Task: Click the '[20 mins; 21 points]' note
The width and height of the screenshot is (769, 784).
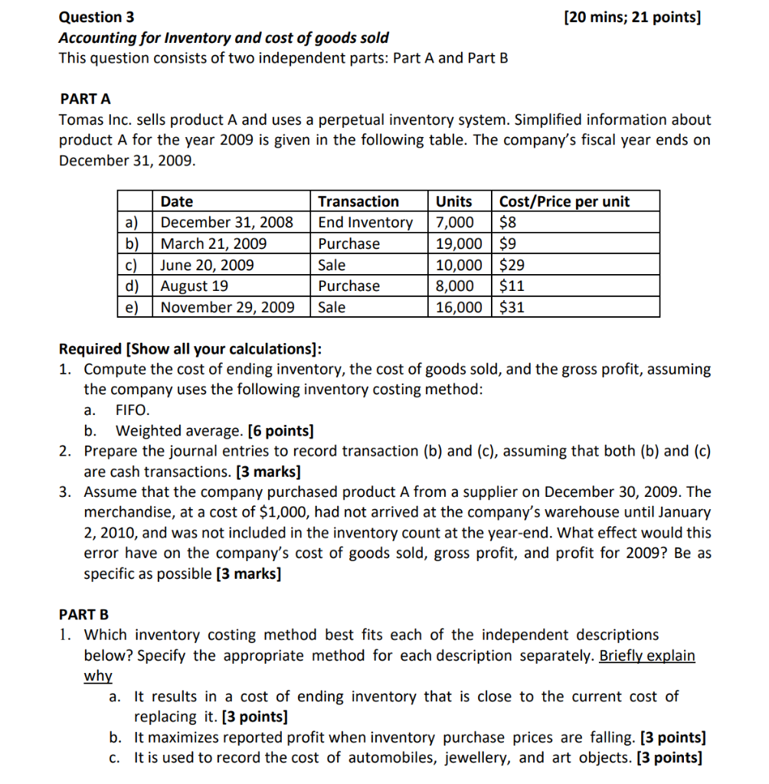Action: click(631, 16)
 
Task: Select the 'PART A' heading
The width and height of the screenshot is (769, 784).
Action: click(85, 99)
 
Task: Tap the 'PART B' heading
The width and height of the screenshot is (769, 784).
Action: click(84, 614)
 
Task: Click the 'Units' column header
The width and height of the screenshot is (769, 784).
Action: click(453, 201)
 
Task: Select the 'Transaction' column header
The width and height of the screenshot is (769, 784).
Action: click(358, 201)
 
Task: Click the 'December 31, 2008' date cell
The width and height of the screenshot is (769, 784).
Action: click(227, 223)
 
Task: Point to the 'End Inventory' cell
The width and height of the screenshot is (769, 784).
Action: click(365, 223)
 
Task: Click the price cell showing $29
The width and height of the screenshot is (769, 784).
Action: click(512, 266)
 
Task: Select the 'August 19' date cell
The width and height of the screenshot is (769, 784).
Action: click(194, 286)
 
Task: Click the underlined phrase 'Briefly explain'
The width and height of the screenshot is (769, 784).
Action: click(647, 656)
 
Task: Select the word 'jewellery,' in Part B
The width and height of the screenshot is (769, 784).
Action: click(382, 758)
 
